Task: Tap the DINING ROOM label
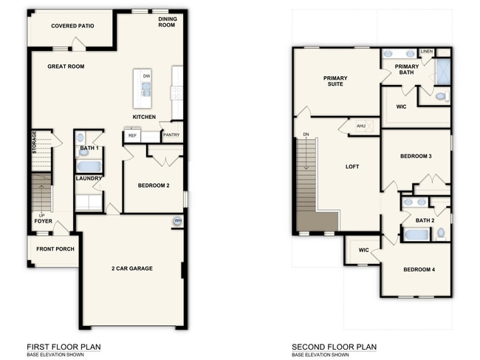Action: pyautogui.click(x=167, y=22)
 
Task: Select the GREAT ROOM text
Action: pyautogui.click(x=66, y=67)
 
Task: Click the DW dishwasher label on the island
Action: pyautogui.click(x=146, y=76)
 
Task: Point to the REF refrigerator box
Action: pyautogui.click(x=133, y=136)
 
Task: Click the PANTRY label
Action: pyautogui.click(x=171, y=135)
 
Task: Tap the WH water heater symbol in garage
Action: pyautogui.click(x=177, y=220)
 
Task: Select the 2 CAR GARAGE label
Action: pyautogui.click(x=132, y=268)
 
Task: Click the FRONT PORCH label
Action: pyautogui.click(x=55, y=249)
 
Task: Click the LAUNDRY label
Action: pyautogui.click(x=89, y=178)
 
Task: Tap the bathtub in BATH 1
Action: pyautogui.click(x=89, y=166)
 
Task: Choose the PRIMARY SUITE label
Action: pyautogui.click(x=335, y=81)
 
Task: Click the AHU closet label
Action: pyautogui.click(x=361, y=126)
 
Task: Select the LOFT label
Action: pyautogui.click(x=352, y=166)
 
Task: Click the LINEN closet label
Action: pyautogui.click(x=426, y=52)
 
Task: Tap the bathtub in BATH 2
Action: pyautogui.click(x=416, y=234)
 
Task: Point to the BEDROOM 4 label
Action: pyautogui.click(x=419, y=269)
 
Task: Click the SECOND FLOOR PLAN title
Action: pyautogui.click(x=334, y=347)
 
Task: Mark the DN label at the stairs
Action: pyautogui.click(x=306, y=135)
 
